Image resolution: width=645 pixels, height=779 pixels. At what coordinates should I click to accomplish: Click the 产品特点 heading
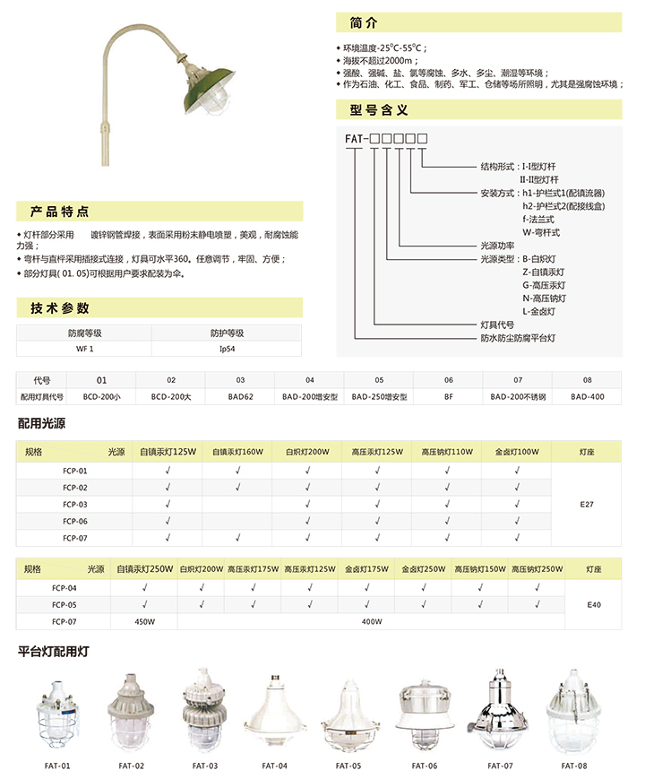pos(60,212)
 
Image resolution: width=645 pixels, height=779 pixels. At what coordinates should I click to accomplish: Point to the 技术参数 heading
pos(60,308)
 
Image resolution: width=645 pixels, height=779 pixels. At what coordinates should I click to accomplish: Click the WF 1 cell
pos(84,347)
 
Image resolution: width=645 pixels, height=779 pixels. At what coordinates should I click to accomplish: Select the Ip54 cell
pos(227,347)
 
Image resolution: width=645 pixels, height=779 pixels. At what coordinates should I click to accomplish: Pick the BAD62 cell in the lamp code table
pos(240,395)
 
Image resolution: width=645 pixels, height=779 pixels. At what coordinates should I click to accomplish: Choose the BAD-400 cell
pos(587,395)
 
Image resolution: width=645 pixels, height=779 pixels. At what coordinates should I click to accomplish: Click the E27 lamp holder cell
pos(587,505)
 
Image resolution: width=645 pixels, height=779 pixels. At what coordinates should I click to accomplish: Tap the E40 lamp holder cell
pos(593,604)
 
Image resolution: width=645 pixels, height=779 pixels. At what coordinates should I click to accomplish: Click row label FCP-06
pos(75,521)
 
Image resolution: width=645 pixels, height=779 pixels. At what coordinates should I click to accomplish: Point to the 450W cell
pos(145,620)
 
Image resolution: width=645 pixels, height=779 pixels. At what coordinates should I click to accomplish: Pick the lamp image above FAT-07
pos(501,714)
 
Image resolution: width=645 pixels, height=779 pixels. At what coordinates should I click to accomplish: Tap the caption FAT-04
pos(275,766)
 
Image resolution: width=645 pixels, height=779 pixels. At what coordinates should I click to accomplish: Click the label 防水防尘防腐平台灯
pos(518,337)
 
